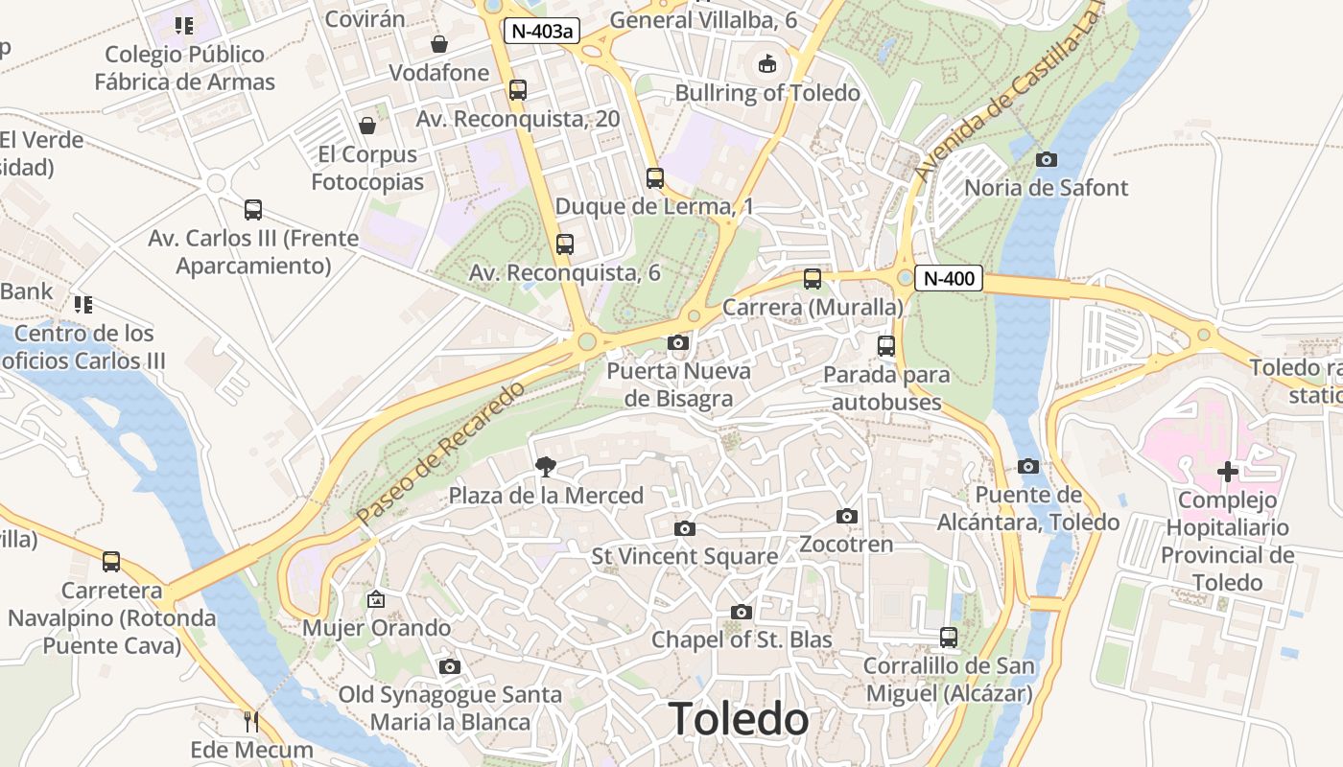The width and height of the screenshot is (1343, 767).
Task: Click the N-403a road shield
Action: [542, 31]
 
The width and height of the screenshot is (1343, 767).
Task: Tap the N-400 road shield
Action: [949, 279]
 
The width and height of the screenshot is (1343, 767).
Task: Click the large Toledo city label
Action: [738, 719]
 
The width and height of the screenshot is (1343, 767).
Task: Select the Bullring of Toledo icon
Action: [767, 64]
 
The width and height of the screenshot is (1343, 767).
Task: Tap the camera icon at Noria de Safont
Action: [1047, 159]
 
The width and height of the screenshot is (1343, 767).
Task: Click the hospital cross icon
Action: [1227, 471]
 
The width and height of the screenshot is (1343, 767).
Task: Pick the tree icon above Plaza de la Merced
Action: [546, 467]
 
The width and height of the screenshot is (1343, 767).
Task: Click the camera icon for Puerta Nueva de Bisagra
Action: [678, 342]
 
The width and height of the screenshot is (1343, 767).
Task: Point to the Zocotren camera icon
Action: [846, 517]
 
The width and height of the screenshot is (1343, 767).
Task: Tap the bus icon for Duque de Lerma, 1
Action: [655, 177]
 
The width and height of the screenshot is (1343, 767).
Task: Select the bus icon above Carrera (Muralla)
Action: [813, 279]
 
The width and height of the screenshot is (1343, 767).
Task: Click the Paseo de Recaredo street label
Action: [442, 453]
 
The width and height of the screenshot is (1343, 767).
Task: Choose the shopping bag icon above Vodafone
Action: [439, 44]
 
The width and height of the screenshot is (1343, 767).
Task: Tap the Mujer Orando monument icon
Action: [376, 600]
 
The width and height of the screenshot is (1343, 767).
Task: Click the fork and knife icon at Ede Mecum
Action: [251, 721]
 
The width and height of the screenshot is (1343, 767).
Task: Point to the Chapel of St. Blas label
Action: [742, 639]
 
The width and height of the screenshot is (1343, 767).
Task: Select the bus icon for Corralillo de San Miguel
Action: [949, 637]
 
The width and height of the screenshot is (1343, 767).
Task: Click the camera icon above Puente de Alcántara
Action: [1028, 466]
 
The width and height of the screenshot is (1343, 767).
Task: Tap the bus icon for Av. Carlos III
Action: [253, 210]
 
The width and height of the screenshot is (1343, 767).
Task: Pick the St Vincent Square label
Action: [684, 556]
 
